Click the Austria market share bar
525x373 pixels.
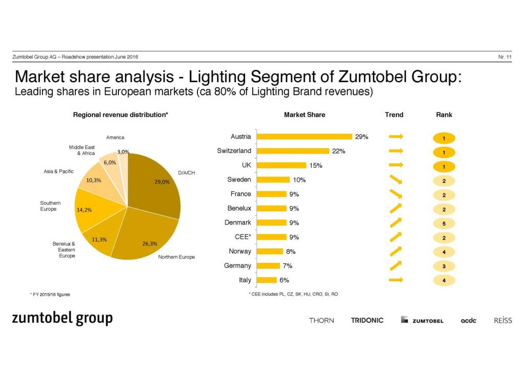pyautogui.click(x=304, y=136)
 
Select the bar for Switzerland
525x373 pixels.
pyautogui.click(x=292, y=151)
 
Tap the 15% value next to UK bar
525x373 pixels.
pyautogui.click(x=316, y=165)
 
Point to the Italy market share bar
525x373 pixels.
pyautogui.click(x=267, y=280)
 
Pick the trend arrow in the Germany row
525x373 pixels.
pyautogui.click(x=395, y=265)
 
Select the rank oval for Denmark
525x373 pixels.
pyautogui.click(x=444, y=223)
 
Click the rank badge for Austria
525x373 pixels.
pyautogui.click(x=444, y=138)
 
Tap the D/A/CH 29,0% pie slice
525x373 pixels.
pyautogui.click(x=156, y=185)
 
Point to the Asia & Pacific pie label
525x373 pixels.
pyautogui.click(x=58, y=171)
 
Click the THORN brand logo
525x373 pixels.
pyautogui.click(x=321, y=320)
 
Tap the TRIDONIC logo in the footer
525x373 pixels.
pyautogui.click(x=367, y=320)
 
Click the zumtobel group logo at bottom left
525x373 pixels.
pyautogui.click(x=62, y=319)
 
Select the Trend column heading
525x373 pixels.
pyautogui.click(x=394, y=115)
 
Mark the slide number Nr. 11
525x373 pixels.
pyautogui.click(x=504, y=56)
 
